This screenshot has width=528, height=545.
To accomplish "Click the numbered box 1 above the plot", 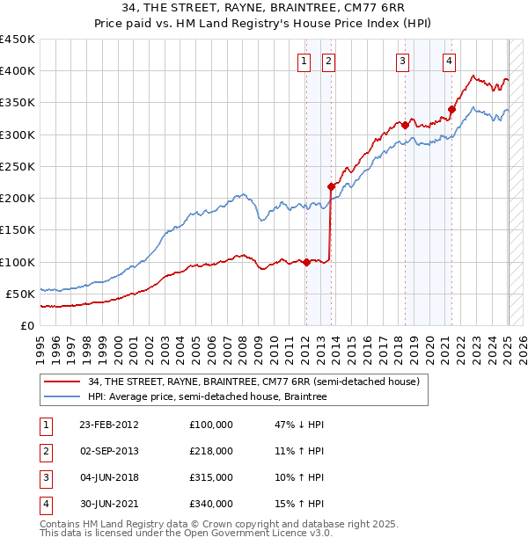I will pyautogui.click(x=304, y=61).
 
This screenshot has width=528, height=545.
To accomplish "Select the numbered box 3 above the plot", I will pyautogui.click(x=402, y=61).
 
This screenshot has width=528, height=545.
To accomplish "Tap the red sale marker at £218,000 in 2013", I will pyautogui.click(x=331, y=186).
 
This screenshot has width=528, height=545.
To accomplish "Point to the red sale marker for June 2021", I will pyautogui.click(x=451, y=109).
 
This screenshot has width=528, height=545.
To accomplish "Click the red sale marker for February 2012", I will pyautogui.click(x=306, y=262).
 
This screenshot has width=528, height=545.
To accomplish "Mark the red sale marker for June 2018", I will pyautogui.click(x=405, y=125).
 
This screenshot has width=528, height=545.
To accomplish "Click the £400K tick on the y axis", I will pyautogui.click(x=18, y=71).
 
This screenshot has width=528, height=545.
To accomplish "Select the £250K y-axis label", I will pyautogui.click(x=18, y=166).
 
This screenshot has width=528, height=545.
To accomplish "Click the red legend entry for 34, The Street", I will pyautogui.click(x=255, y=381).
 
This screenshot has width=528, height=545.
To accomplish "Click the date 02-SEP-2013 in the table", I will pyautogui.click(x=109, y=451).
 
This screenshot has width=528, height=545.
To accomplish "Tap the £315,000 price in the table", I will pyautogui.click(x=211, y=477).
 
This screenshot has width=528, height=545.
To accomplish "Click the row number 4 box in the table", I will pyautogui.click(x=45, y=504).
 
